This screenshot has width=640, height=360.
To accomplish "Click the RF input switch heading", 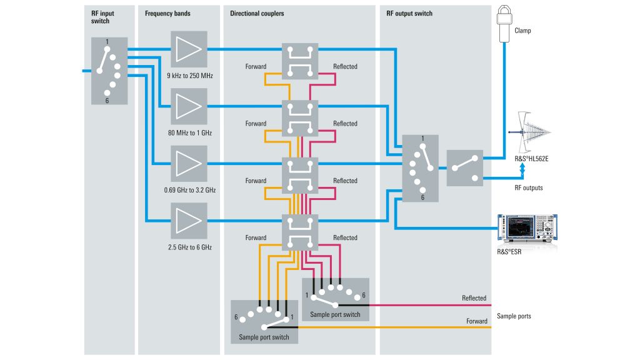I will (x=102, y=17).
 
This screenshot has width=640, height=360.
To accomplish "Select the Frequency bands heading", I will (x=167, y=13).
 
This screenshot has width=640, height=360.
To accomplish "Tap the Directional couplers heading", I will (x=257, y=13).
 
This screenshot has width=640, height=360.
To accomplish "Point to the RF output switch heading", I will (x=409, y=13).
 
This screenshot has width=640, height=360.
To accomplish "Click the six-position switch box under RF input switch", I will (x=109, y=71).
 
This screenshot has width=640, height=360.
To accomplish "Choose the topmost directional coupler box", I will (x=300, y=61).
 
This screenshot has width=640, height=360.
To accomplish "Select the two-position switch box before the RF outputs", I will (x=465, y=168).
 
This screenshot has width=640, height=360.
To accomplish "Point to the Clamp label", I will (x=522, y=30).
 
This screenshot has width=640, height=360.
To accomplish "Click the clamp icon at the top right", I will (x=504, y=22).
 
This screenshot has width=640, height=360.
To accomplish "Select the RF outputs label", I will (x=529, y=187).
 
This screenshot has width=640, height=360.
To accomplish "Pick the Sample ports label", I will (x=514, y=316).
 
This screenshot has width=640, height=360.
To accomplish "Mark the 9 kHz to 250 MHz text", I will (x=190, y=76).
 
